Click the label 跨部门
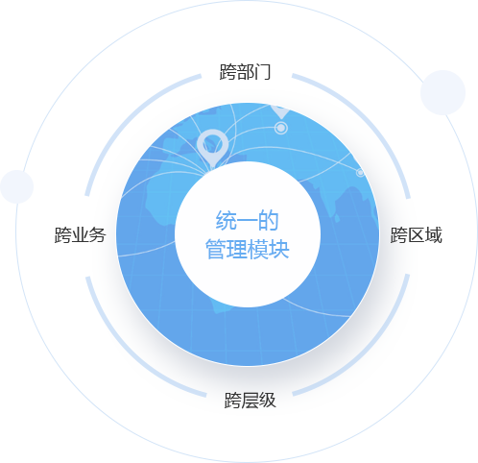coord(245,72)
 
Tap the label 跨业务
coord(80,235)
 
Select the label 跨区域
coord(417,235)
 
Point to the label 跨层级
coord(250,400)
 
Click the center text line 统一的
coord(247,220)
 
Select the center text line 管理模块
coord(247,249)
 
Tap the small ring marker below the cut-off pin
coord(281,128)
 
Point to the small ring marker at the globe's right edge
coord(360,173)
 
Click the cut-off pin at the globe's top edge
coord(280,110)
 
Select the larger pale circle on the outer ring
coord(442,92)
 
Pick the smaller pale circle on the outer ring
coord(17,186)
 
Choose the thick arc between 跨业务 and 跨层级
coord(129,352)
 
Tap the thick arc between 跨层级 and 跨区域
coord(366,351)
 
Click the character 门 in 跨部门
coord(263,72)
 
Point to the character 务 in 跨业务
coord(98,235)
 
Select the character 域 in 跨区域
coord(434,235)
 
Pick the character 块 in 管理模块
coord(279,249)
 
